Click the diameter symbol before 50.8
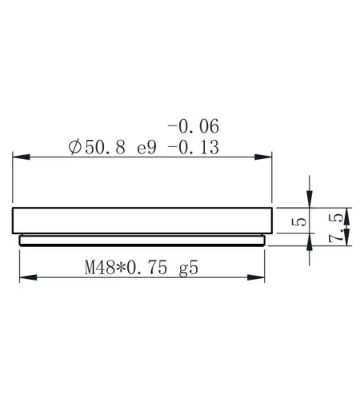[75, 147]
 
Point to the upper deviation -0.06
[193, 125]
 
